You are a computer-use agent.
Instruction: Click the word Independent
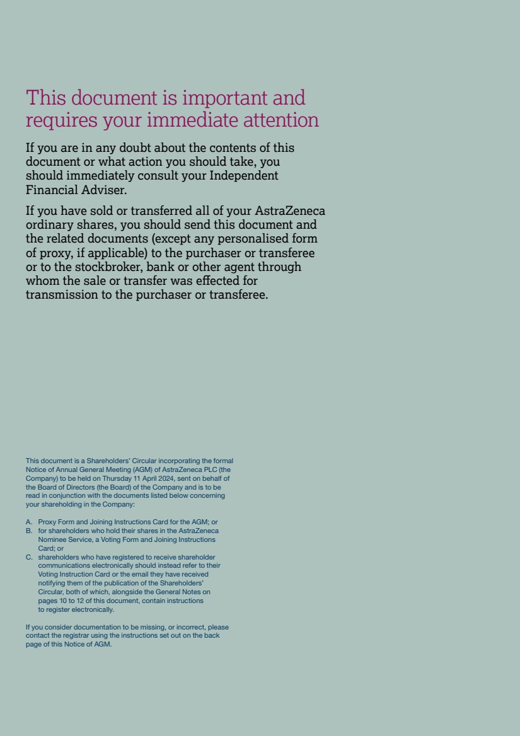(x=243, y=176)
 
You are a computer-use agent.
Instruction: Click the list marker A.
(x=29, y=522)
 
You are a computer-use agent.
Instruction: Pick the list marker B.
(x=29, y=531)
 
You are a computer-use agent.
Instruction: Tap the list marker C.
(x=29, y=558)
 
